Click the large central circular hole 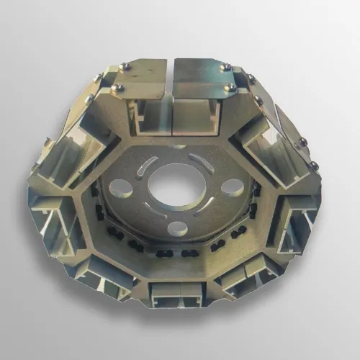pyautogui.click(x=175, y=182)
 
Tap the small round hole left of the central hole pyautogui.click(x=122, y=189)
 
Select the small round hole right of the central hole pyautogui.click(x=231, y=188)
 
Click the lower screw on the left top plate pyautogui.click(x=117, y=88)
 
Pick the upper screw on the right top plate pyautogui.click(x=225, y=67)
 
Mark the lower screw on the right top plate pyautogui.click(x=231, y=88)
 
